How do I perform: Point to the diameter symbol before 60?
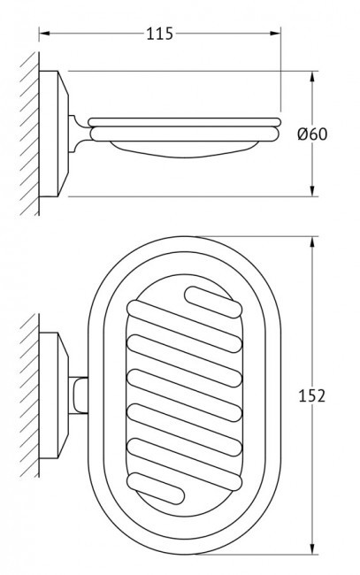pos(304,134)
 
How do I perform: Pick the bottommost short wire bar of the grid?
pos(165,487)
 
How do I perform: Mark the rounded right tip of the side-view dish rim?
pos(280,125)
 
